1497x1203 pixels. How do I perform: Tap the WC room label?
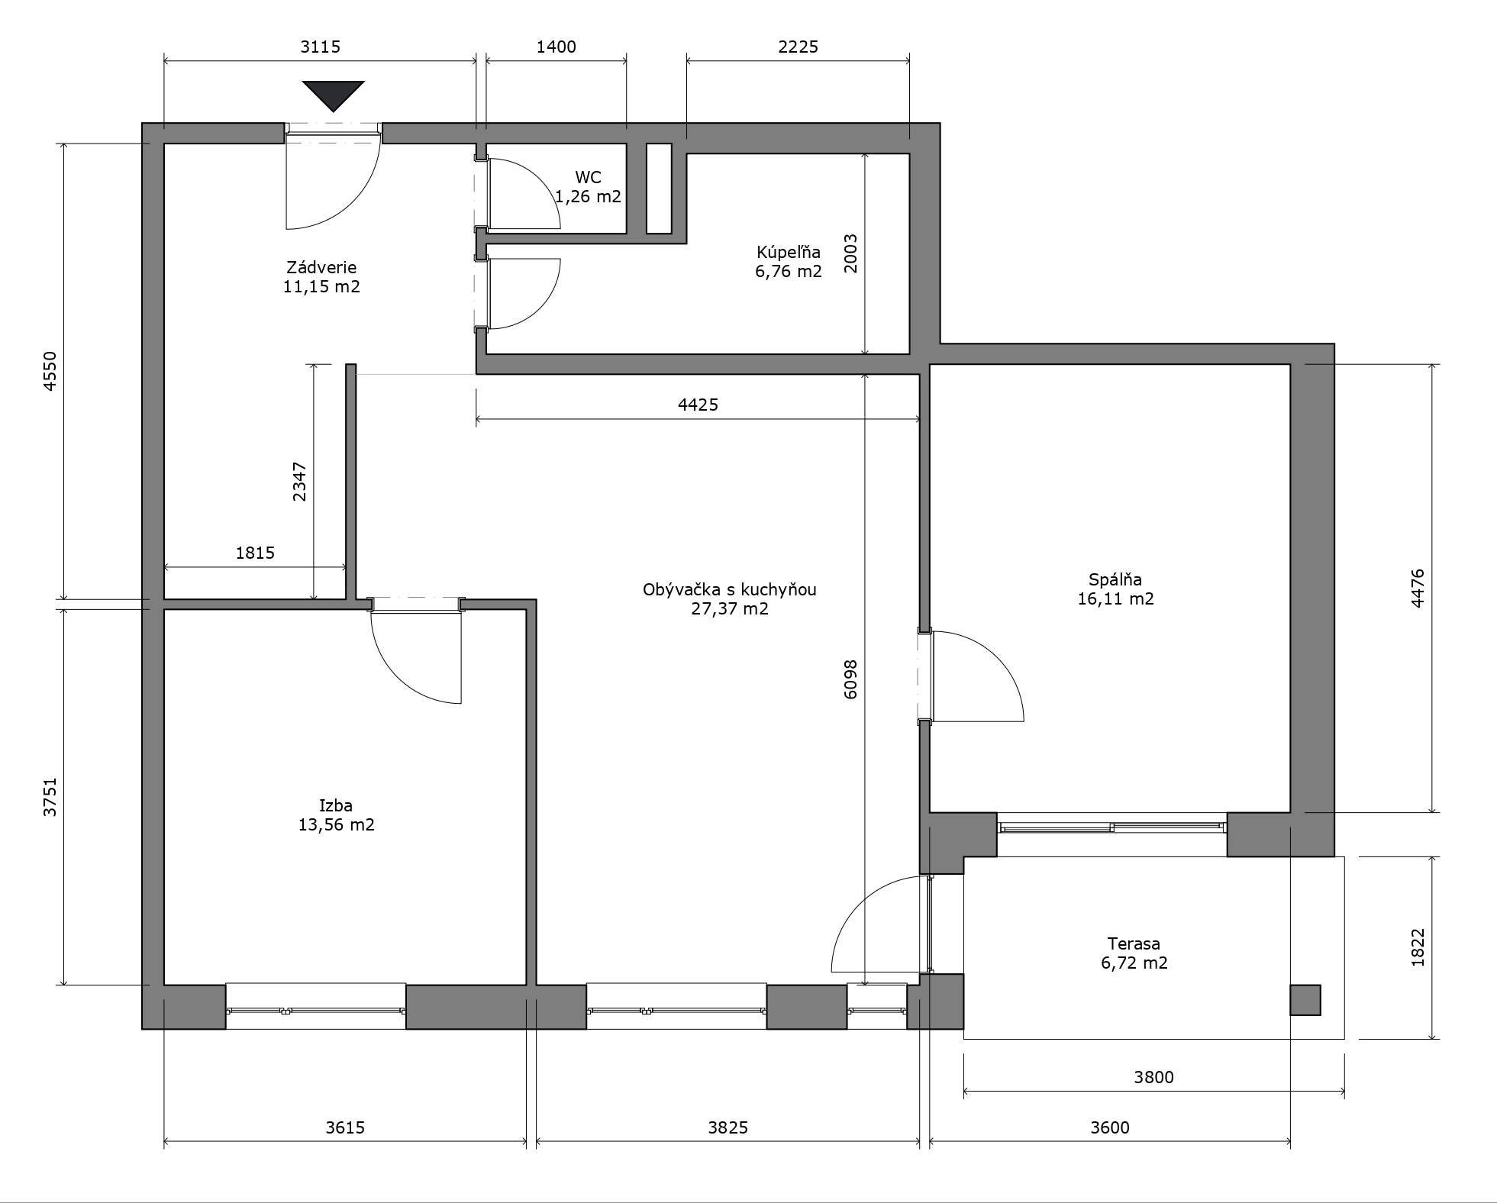point(588,178)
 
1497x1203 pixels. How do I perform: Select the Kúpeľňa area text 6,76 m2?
point(789,272)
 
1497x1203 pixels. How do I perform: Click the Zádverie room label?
point(321,268)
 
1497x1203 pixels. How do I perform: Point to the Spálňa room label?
point(1115,579)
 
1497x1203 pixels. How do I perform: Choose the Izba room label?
point(336,805)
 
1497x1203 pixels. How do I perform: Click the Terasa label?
point(1134,944)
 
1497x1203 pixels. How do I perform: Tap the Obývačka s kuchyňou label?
point(730,590)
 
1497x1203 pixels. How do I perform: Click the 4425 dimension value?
point(698,405)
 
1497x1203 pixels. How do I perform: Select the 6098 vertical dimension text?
point(851,679)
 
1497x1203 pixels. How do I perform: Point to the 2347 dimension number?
point(299,482)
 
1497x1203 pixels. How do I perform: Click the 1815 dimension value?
point(255,553)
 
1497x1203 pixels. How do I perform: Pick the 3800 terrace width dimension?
point(1153,1077)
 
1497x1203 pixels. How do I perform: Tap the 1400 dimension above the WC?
point(556,47)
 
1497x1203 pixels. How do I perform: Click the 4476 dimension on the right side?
point(1418,589)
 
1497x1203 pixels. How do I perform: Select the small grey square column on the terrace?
point(1305,1000)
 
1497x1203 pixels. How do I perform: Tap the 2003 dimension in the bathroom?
point(850,253)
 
